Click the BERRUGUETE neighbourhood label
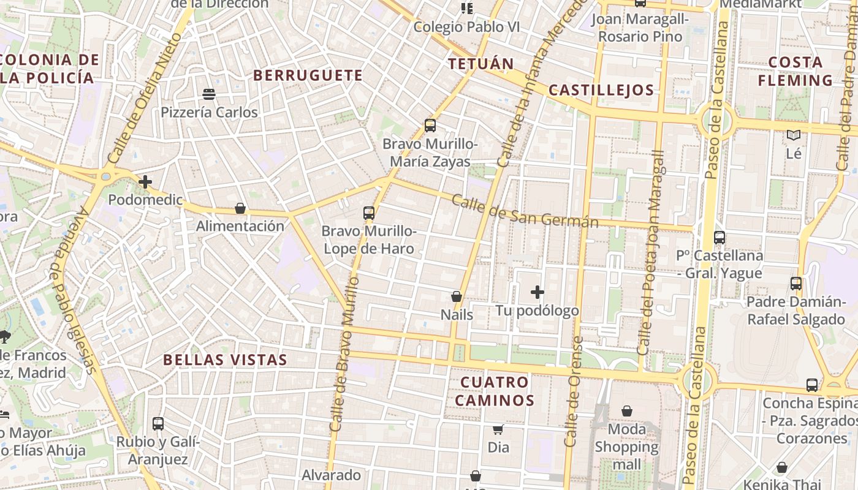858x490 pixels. pyautogui.click(x=308, y=75)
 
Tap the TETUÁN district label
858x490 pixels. pyautogui.click(x=480, y=64)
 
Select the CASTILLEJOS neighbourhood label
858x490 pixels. pyautogui.click(x=601, y=90)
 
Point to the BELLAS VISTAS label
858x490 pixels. pyautogui.click(x=225, y=360)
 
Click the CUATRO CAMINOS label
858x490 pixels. pyautogui.click(x=494, y=391)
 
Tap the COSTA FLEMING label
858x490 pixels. pyautogui.click(x=795, y=71)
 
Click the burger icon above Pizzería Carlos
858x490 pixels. pyautogui.click(x=209, y=94)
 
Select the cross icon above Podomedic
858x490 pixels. pyautogui.click(x=145, y=182)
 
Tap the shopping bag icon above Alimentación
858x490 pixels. pyautogui.click(x=240, y=208)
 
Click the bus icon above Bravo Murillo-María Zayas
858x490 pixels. pyautogui.click(x=430, y=126)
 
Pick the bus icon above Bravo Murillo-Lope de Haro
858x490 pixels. pyautogui.click(x=368, y=213)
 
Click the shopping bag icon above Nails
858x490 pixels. pyautogui.click(x=457, y=296)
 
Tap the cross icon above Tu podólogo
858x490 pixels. pyautogui.click(x=537, y=292)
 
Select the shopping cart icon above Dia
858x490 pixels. pyautogui.click(x=498, y=429)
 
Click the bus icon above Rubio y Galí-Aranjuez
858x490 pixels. pyautogui.click(x=158, y=423)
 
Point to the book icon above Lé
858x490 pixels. pyautogui.click(x=794, y=135)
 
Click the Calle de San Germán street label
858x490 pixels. pyautogui.click(x=525, y=212)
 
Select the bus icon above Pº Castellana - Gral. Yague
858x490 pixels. pyautogui.click(x=719, y=238)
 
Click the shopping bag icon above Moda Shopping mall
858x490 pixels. pyautogui.click(x=627, y=411)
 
